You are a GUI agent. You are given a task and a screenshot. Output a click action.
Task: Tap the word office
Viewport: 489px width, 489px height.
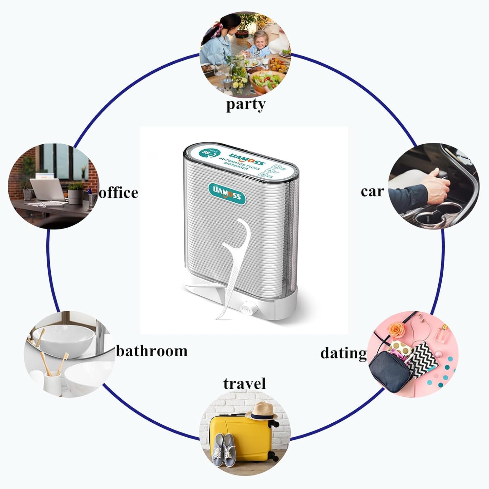point(118,193)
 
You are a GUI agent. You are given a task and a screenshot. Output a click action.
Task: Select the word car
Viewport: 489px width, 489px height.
point(372,192)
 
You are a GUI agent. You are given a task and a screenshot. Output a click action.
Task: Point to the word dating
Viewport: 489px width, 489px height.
point(343,353)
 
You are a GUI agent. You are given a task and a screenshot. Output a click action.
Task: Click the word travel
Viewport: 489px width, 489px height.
point(244,384)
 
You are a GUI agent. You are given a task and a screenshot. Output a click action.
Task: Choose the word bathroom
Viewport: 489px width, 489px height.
point(152,351)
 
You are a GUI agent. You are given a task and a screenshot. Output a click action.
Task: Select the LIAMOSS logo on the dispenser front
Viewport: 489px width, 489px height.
point(226,193)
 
